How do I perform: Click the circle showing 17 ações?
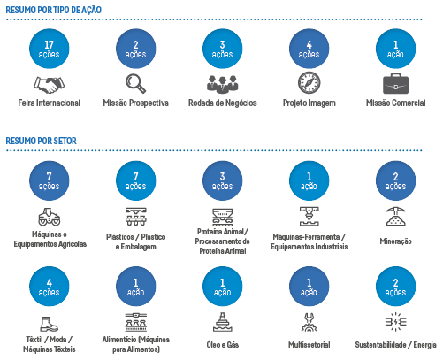[x=50, y=49]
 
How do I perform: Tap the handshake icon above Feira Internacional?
[x=50, y=85]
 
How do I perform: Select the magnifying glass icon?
[x=135, y=83]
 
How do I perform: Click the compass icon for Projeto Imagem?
[x=309, y=83]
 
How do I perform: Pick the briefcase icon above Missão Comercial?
[x=395, y=83]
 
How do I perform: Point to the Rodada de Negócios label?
[x=223, y=103]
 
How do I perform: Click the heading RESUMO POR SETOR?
[x=41, y=141]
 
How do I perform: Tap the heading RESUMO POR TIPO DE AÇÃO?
[x=53, y=10]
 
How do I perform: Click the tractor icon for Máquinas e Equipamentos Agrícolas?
[x=50, y=217]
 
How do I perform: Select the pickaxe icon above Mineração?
[x=395, y=217]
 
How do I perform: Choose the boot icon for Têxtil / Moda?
[x=49, y=324]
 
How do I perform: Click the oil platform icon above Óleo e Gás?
[x=223, y=322]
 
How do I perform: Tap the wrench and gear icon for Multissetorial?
[x=309, y=322]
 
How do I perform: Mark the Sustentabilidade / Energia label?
[x=395, y=345]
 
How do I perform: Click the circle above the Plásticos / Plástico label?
[x=136, y=180]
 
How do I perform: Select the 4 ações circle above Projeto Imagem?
[x=309, y=49]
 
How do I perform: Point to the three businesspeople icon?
[x=223, y=84]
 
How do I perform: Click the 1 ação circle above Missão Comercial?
[x=396, y=49]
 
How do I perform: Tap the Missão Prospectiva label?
[x=136, y=103]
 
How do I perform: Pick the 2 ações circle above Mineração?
[x=396, y=180]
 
